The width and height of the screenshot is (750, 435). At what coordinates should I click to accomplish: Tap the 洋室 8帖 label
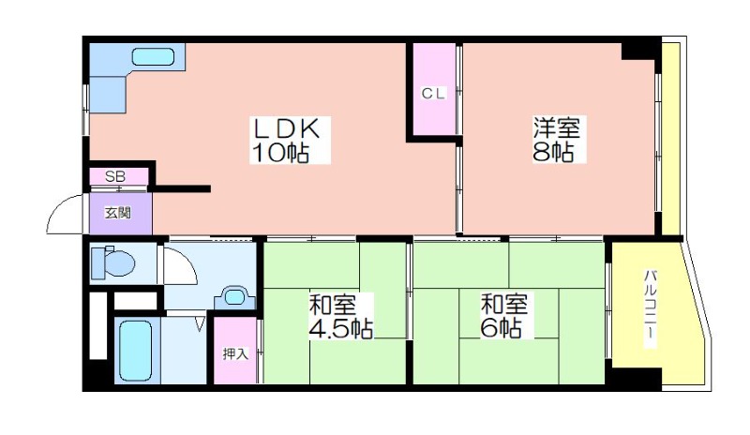(x=556, y=140)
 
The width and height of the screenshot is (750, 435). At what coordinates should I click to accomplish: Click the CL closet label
(x=433, y=94)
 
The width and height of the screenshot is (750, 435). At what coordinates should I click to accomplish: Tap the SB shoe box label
(x=115, y=176)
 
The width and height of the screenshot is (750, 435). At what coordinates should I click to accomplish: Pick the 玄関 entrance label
(x=118, y=213)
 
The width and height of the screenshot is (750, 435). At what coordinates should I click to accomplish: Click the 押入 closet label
(x=235, y=353)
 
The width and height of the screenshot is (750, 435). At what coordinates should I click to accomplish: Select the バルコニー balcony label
(x=650, y=308)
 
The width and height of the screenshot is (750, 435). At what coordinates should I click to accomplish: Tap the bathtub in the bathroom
(x=136, y=351)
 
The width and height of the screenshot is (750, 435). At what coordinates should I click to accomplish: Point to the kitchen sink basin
(x=153, y=57)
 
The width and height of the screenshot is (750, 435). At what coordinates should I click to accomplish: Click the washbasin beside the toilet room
(x=234, y=298)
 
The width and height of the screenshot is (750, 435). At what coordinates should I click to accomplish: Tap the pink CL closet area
(x=434, y=89)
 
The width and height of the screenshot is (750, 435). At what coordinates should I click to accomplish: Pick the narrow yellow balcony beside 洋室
(x=670, y=139)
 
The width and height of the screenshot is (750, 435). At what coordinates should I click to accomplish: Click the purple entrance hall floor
(x=121, y=214)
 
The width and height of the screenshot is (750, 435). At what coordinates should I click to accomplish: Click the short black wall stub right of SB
(x=182, y=188)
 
